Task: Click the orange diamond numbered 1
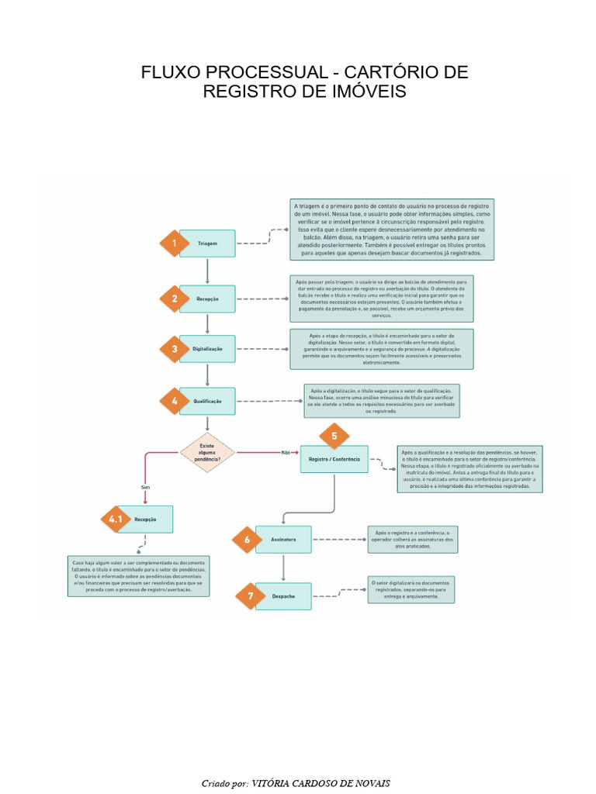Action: (175, 243)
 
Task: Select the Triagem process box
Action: (206, 243)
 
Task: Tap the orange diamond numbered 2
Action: (175, 299)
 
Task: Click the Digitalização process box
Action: (206, 350)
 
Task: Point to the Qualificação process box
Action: (206, 401)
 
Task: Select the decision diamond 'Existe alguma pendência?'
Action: (207, 451)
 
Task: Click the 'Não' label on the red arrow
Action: (285, 451)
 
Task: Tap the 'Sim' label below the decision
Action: (144, 487)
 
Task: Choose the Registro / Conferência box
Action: (334, 459)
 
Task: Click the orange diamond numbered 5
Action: (334, 436)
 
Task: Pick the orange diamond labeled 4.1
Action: (116, 520)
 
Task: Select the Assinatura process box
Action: (282, 539)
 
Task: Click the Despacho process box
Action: (282, 596)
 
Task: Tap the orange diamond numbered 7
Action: (251, 596)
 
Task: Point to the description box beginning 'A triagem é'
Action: (393, 229)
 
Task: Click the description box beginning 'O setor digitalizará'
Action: (411, 589)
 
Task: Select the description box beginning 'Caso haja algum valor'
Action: (138, 575)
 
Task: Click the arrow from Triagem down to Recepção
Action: (207, 271)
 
